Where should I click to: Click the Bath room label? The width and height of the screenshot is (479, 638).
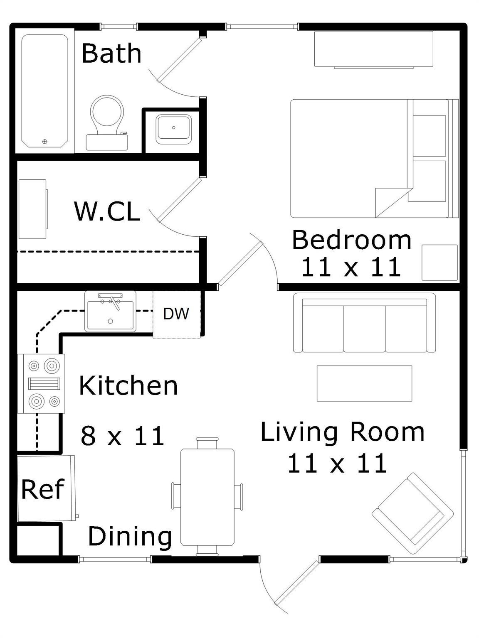(x=111, y=53)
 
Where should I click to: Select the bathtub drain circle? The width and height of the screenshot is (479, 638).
(x=45, y=142)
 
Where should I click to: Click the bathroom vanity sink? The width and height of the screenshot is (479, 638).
(x=173, y=129)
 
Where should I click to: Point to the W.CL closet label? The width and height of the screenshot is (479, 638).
(x=107, y=211)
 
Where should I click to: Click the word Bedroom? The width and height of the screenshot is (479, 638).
(x=351, y=240)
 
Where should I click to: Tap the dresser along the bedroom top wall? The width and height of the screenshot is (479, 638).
(x=373, y=49)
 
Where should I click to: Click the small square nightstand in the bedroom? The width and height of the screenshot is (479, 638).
(x=439, y=263)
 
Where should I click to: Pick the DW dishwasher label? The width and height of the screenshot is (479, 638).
(x=176, y=314)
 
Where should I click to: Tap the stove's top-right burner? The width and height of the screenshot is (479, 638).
(x=52, y=366)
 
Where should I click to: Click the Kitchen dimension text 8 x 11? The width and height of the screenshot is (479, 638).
(x=122, y=436)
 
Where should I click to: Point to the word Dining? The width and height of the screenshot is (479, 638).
(x=130, y=536)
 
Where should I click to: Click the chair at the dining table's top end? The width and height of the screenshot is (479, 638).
(x=207, y=443)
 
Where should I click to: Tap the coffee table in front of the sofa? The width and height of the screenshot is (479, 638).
(x=364, y=383)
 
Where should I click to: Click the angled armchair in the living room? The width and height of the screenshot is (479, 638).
(x=412, y=513)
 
